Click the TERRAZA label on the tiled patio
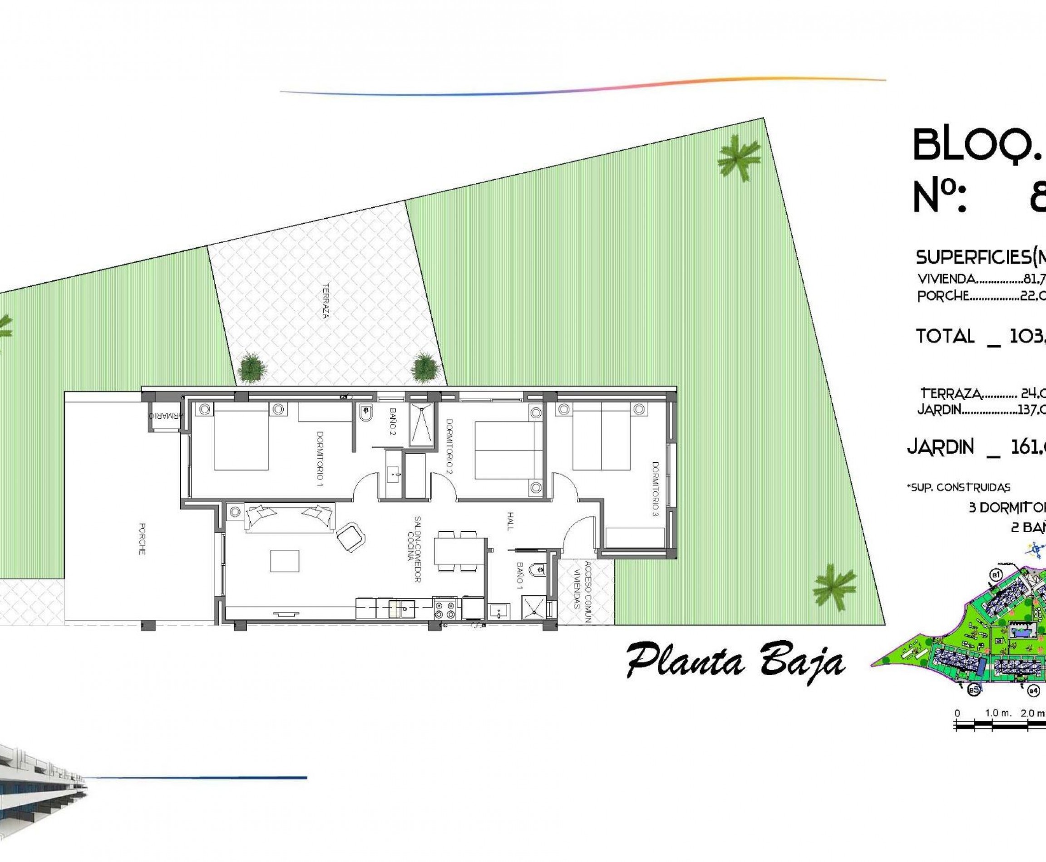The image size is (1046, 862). (326, 300)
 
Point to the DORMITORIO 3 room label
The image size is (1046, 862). (656, 489)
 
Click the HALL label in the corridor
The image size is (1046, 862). (510, 521)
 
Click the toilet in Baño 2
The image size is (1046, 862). (366, 413)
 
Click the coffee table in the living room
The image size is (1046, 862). (285, 561)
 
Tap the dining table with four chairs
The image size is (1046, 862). (459, 551)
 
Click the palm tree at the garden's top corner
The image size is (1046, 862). (740, 158)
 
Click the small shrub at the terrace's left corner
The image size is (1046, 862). (252, 368)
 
